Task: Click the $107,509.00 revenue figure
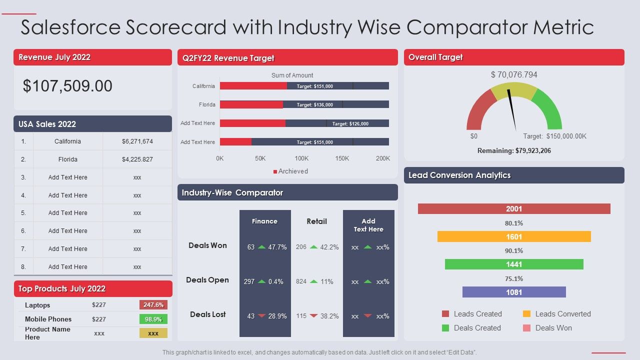click(67, 86)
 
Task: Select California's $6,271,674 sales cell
click(137, 141)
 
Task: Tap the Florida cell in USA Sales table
click(68, 159)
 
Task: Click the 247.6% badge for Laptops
click(153, 305)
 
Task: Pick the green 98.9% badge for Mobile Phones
click(153, 319)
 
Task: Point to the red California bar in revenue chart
click(253, 86)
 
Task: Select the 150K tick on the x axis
click(342, 158)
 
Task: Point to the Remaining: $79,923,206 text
click(514, 150)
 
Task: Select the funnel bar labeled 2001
click(514, 209)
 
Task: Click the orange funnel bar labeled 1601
click(514, 236)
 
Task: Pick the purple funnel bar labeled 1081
click(514, 292)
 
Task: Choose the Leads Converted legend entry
click(557, 314)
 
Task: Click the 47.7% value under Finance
click(277, 247)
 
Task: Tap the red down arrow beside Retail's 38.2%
click(313, 315)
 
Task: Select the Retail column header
click(316, 221)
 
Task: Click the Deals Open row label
click(207, 280)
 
